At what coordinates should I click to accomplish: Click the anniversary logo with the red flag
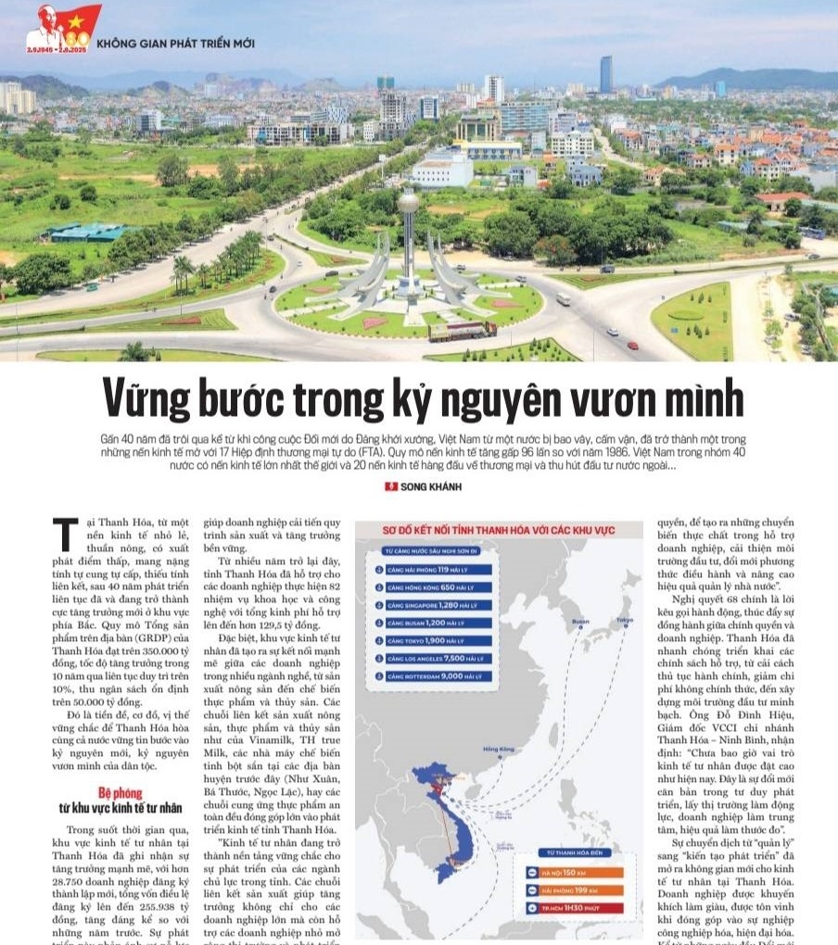point(63,27)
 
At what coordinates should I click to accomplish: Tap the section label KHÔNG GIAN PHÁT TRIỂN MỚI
point(175,43)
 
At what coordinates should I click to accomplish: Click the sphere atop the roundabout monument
point(408,201)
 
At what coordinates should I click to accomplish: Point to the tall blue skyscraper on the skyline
point(605,74)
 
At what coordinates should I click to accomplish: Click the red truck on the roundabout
point(462,331)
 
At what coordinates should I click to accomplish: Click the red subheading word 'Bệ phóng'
point(121,793)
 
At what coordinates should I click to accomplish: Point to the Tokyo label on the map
point(624,620)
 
